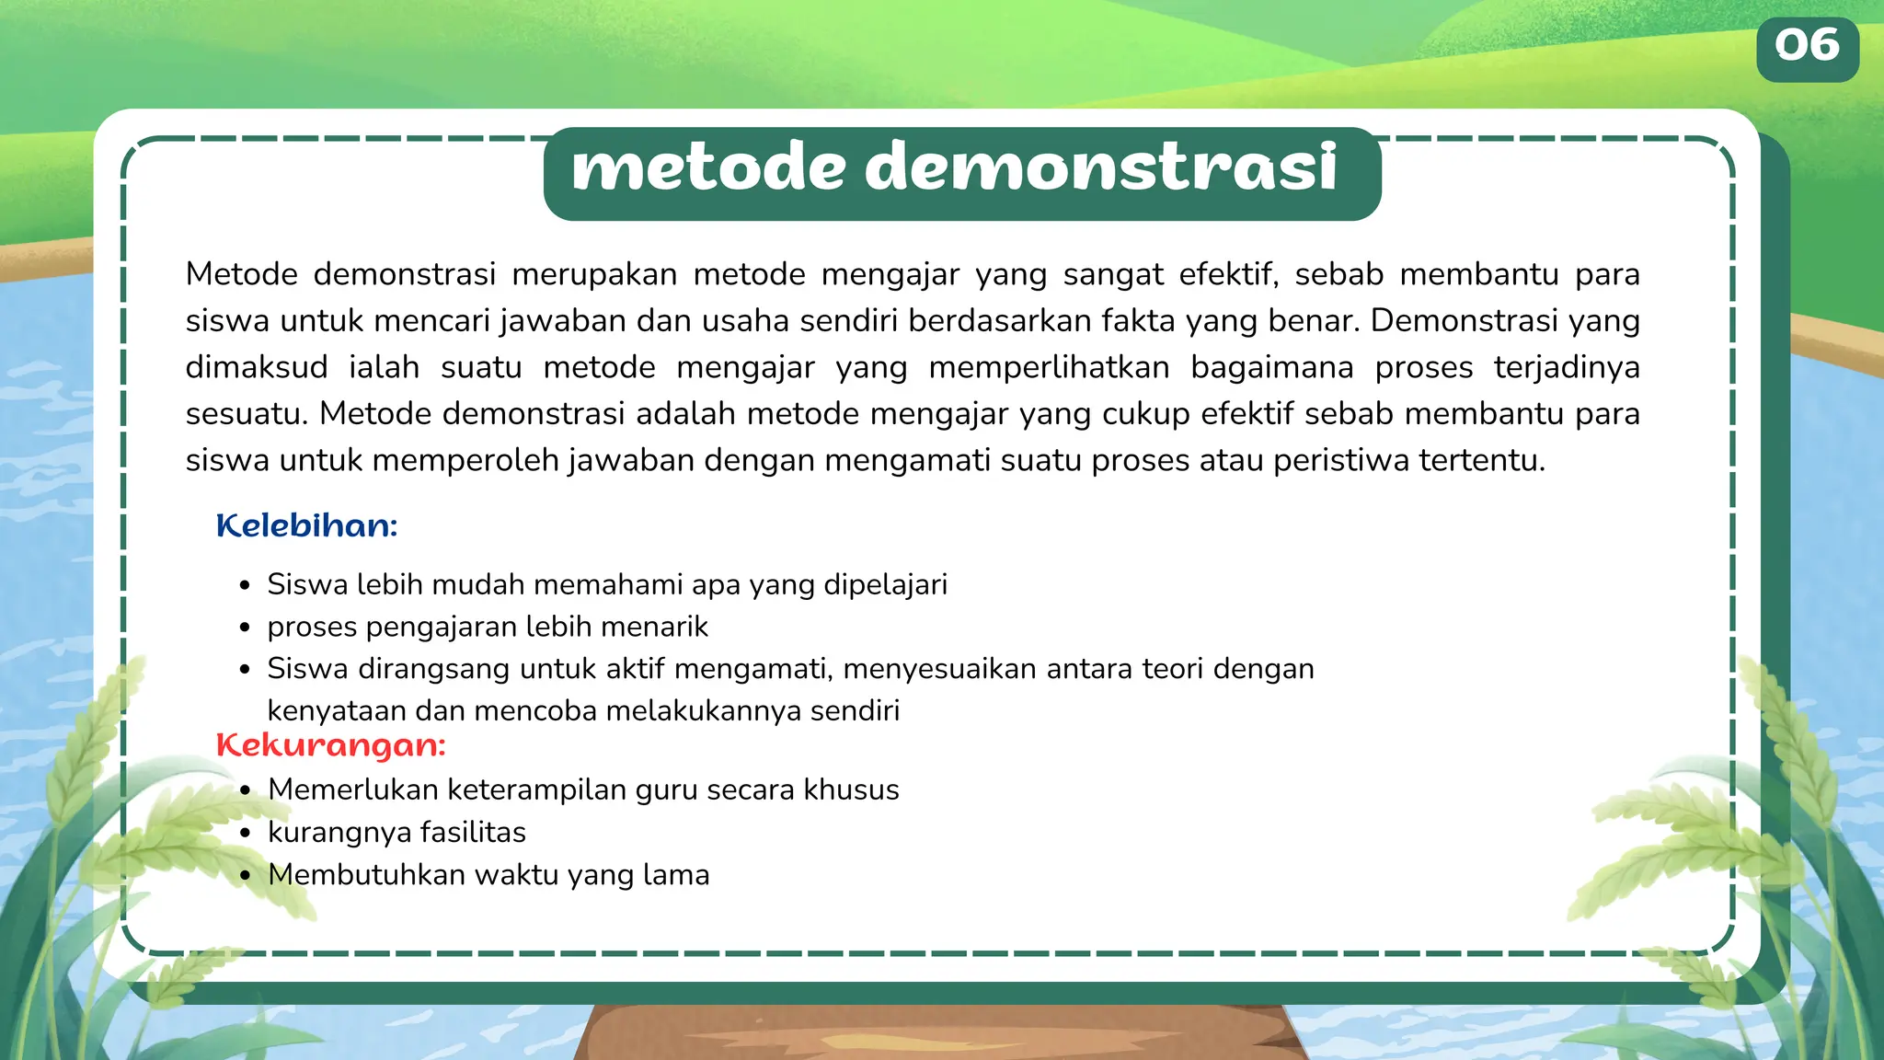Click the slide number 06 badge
click(x=1807, y=48)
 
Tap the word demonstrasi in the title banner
click(x=1100, y=168)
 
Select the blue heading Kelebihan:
click(x=306, y=526)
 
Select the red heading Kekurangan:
click(x=330, y=745)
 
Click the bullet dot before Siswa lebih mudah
click(x=245, y=586)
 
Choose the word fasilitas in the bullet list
click(x=473, y=833)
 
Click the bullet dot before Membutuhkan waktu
click(x=245, y=876)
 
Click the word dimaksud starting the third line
click(x=257, y=367)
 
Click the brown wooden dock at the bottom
click(x=938, y=1035)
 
